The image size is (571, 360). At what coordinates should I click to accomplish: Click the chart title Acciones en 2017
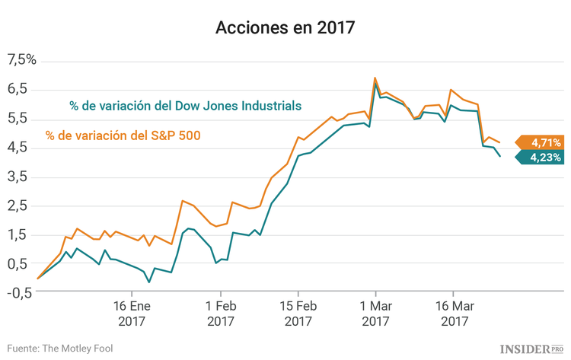[285, 28]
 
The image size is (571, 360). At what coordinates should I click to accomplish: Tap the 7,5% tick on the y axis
[21, 60]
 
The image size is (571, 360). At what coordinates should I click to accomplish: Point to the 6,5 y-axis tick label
[18, 89]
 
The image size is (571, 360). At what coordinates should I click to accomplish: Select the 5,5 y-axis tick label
[18, 118]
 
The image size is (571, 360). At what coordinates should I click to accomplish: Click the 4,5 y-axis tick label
[18, 147]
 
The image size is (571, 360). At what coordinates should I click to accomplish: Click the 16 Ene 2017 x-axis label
[132, 314]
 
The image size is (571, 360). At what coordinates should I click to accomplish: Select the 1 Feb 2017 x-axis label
[220, 314]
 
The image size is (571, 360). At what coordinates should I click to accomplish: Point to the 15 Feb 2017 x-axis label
[298, 314]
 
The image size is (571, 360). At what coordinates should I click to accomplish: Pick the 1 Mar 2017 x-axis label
[375, 314]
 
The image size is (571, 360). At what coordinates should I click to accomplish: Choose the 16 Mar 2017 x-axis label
[453, 314]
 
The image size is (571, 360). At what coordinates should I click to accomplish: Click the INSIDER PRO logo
[532, 348]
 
